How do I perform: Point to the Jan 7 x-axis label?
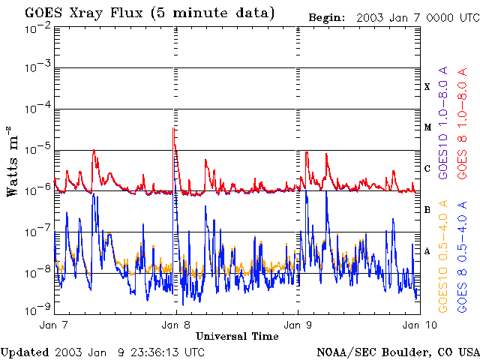[x=54, y=325]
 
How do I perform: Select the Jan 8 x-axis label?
[x=176, y=325]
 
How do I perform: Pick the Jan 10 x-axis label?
[x=417, y=325]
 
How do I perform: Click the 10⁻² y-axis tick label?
[x=37, y=27]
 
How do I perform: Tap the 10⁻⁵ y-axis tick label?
[x=37, y=150]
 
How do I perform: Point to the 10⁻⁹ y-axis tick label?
[x=37, y=307]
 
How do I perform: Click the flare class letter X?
[x=427, y=87]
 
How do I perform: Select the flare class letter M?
[x=427, y=127]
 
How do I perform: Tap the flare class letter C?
[x=427, y=169]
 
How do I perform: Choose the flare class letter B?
[x=427, y=210]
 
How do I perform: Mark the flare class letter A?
[x=427, y=251]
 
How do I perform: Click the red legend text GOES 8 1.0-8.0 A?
[x=463, y=122]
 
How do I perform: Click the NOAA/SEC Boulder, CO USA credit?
[x=397, y=352]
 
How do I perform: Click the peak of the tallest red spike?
[x=174, y=127]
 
